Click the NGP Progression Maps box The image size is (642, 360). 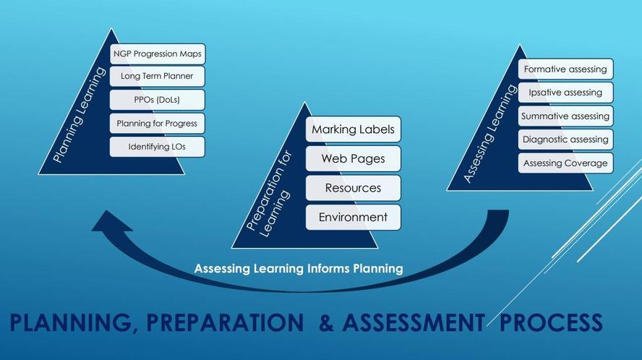158,54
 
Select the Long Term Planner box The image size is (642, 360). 157,76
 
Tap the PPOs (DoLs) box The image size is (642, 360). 157,100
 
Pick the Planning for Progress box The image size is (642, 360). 157,124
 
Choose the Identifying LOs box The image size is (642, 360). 157,147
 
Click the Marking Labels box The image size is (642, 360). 354,129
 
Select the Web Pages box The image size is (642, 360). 354,158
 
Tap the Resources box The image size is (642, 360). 354,188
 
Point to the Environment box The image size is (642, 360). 354,217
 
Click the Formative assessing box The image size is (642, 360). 565,69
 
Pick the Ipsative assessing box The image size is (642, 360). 565,93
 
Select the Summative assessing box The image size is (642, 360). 565,116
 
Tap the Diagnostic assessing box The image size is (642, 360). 565,140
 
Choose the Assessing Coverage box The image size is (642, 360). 565,163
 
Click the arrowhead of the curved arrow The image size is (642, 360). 111,222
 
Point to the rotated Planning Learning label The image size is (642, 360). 80,115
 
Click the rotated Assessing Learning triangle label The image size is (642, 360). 489,133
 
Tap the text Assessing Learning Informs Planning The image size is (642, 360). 299,269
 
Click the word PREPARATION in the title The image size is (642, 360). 225,322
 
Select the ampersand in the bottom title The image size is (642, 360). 326,322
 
